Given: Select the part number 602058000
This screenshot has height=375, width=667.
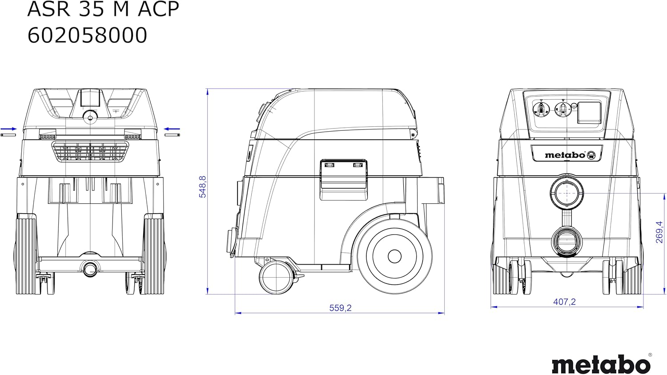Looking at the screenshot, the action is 87,35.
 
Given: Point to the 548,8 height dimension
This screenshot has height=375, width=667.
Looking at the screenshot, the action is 202,187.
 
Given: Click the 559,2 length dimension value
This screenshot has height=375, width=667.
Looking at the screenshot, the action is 340,308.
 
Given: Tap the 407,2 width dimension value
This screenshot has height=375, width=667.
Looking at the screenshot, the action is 564,302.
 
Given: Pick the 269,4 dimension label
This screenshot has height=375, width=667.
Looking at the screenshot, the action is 659,232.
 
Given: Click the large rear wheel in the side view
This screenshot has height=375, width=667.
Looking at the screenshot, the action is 394,256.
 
